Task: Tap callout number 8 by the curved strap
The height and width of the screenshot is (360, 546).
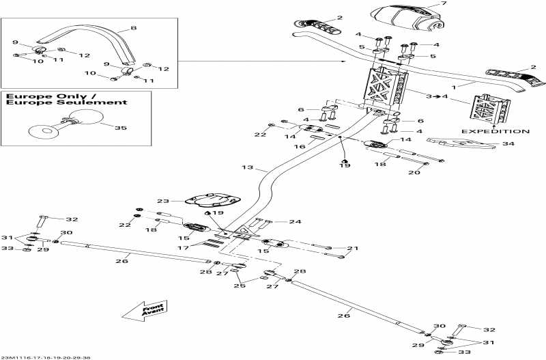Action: (134, 29)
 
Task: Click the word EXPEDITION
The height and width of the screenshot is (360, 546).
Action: (495, 130)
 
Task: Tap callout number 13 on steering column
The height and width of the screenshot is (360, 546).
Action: (247, 167)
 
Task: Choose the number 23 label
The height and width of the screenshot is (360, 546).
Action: (162, 202)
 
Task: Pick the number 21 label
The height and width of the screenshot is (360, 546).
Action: (352, 249)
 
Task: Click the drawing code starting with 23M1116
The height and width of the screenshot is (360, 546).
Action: (47, 357)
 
